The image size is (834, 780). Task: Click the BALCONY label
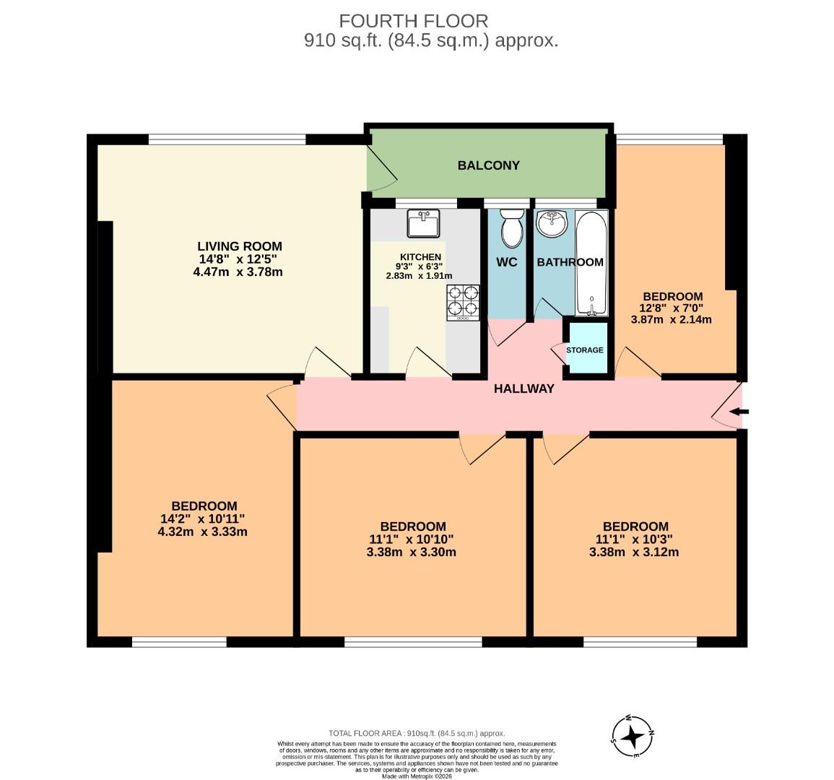488,165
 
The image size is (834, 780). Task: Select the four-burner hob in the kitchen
463,303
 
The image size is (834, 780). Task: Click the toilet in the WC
512,227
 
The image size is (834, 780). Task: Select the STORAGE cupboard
585,350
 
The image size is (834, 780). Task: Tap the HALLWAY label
524,389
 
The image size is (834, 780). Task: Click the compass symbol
633,736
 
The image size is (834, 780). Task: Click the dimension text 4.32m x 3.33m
203,532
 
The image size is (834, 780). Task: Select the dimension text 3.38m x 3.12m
635,552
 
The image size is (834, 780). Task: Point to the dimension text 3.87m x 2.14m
672,318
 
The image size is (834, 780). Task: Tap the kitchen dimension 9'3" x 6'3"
419,266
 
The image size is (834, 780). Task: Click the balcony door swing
383,170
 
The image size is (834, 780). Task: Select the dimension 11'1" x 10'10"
412,539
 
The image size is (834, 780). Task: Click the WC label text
507,262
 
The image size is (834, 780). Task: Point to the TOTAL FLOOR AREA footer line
417,732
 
